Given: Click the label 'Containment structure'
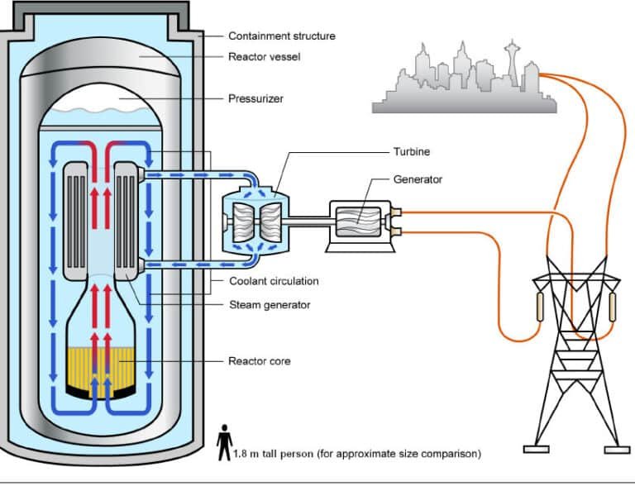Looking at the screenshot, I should pyautogui.click(x=281, y=36).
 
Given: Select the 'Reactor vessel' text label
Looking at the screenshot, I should pyautogui.click(x=264, y=57).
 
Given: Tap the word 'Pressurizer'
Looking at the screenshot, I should pyautogui.click(x=255, y=99).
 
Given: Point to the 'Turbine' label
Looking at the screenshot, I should pyautogui.click(x=411, y=152).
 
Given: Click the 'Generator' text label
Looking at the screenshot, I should pyautogui.click(x=418, y=179).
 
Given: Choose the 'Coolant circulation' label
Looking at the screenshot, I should pyautogui.click(x=273, y=282).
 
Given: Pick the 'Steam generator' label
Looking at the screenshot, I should pyautogui.click(x=269, y=305).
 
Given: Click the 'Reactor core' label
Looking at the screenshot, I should pyautogui.click(x=259, y=361).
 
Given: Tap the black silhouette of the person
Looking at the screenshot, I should pyautogui.click(x=224, y=444).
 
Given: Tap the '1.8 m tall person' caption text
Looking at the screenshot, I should pyautogui.click(x=356, y=454).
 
